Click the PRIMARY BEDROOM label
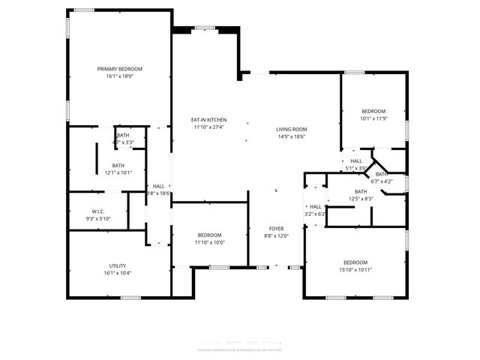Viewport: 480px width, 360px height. coord(119,69)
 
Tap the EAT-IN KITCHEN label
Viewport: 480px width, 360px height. coord(208,120)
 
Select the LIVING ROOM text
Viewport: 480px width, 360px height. coord(292,129)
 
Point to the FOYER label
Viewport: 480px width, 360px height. coord(276,228)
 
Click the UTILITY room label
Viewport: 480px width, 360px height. coord(117,265)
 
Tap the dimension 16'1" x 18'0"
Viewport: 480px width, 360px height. coord(119,76)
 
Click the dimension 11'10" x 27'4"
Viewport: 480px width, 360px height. coord(208,127)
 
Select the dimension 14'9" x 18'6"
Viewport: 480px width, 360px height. coord(292,136)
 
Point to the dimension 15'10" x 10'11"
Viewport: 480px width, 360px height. coord(355,270)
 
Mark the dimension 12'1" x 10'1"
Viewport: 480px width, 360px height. coord(118,172)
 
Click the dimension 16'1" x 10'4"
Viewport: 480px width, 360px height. coord(117,273)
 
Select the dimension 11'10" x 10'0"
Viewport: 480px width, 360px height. coord(210,242)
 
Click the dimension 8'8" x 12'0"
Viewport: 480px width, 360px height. coord(276,235)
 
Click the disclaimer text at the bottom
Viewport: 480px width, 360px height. coord(239,349)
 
